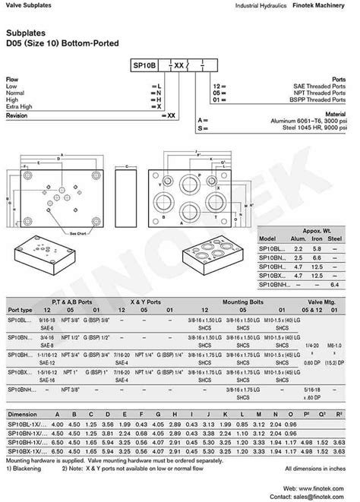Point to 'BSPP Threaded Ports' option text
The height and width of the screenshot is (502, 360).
320,99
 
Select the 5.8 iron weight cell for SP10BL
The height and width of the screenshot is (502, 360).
317,248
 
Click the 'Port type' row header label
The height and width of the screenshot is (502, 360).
20,310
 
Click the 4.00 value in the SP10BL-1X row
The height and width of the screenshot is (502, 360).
55,423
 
